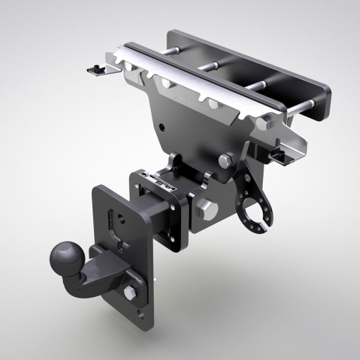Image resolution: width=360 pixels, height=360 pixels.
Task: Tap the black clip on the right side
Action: click(x=279, y=156)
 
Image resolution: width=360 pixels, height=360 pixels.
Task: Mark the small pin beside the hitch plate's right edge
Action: click(x=159, y=278)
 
